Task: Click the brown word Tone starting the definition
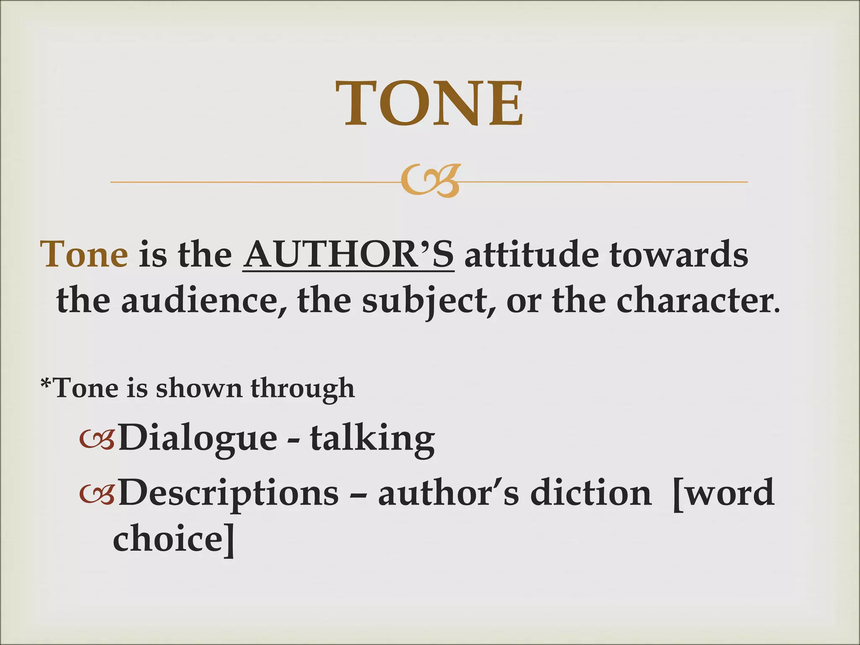coord(84,255)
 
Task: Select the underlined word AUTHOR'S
coord(348,255)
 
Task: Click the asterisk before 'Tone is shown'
coord(46,383)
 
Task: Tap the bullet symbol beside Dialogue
coord(97,439)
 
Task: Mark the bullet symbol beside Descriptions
coord(97,494)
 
